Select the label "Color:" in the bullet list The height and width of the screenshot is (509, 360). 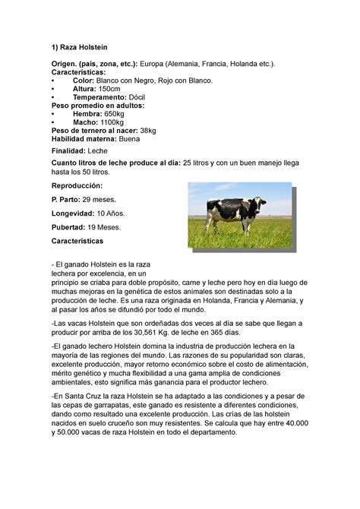[84, 81]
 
